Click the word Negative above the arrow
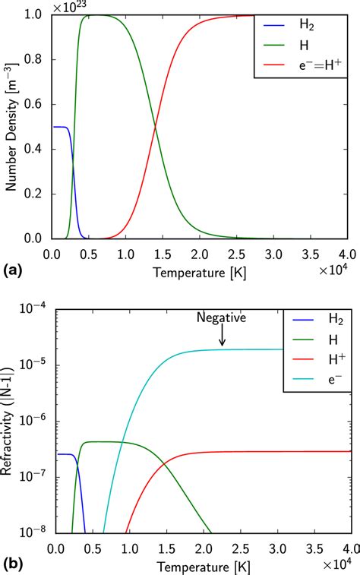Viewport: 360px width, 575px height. pyautogui.click(x=222, y=318)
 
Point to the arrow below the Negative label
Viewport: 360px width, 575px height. pyautogui.click(x=223, y=336)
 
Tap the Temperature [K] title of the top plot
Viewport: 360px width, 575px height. pyautogui.click(x=201, y=270)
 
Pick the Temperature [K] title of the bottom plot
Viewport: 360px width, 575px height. pyautogui.click(x=201, y=566)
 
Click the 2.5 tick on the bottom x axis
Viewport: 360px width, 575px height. pyautogui.click(x=239, y=548)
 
